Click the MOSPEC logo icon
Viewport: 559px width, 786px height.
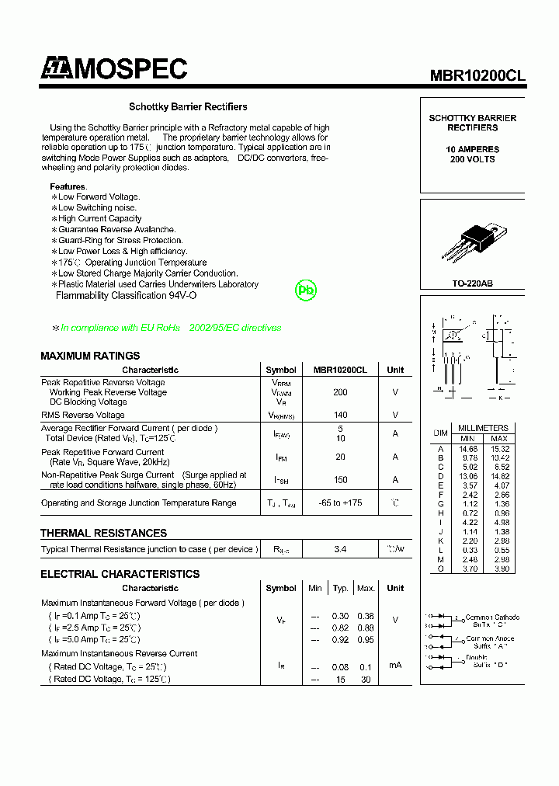[56, 69]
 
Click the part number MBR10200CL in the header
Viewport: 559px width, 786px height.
[478, 75]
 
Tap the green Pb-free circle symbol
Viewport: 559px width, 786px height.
[307, 290]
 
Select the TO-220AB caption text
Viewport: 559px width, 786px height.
[472, 283]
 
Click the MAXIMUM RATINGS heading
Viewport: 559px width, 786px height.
[90, 356]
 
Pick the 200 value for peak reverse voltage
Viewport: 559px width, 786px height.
[340, 392]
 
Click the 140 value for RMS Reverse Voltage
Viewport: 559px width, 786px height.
[340, 415]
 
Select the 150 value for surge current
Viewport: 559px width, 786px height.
[340, 480]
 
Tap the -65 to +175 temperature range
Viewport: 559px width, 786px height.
[340, 503]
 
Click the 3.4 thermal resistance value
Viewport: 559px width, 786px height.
[340, 549]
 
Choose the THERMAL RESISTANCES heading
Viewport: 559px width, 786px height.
[103, 533]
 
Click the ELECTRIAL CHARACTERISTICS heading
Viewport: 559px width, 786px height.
[120, 574]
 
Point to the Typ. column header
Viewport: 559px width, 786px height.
[340, 589]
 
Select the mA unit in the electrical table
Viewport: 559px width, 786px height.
[395, 666]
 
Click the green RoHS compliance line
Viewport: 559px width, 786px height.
[167, 328]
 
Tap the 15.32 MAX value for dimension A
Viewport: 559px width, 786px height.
[499, 449]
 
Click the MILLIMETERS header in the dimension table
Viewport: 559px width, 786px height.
[483, 428]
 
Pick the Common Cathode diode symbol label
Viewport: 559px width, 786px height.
[492, 621]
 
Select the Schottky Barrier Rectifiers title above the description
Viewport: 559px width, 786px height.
[188, 106]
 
